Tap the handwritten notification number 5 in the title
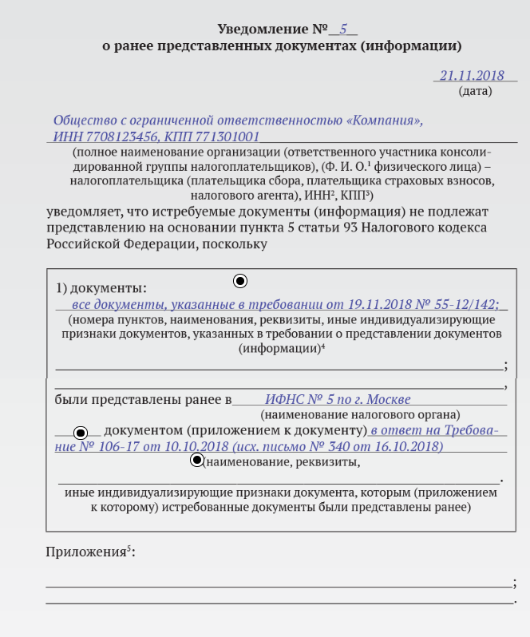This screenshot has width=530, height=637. point(343,29)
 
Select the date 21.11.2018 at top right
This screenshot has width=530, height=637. point(473,76)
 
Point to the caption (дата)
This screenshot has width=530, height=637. point(475,91)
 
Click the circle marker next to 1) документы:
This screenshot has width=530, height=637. point(240,281)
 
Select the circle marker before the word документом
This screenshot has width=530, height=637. point(80,433)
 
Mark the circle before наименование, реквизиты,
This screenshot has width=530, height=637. point(197,460)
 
